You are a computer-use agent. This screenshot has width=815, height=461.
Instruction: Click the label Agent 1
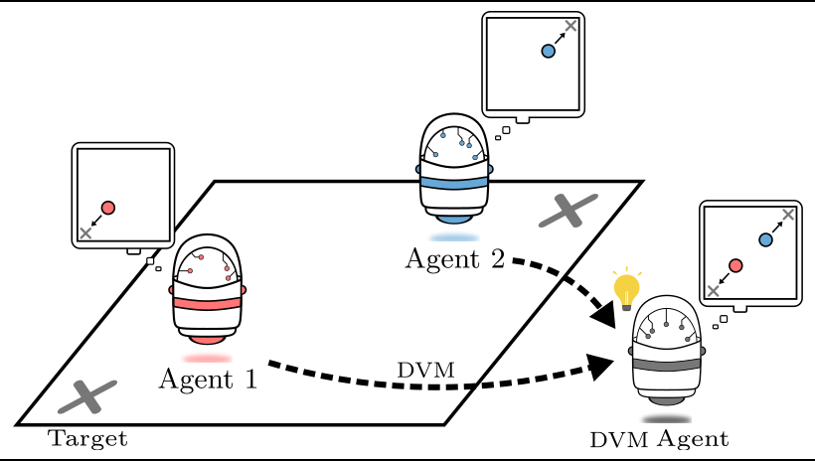(208, 379)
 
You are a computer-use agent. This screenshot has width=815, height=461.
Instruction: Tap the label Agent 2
(454, 258)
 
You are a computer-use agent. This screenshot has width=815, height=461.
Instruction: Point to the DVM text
(425, 371)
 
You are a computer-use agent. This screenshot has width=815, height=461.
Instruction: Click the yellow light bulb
(626, 289)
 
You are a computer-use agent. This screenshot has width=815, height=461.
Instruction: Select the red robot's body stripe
(209, 303)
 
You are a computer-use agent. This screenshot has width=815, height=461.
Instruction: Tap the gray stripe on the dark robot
(667, 365)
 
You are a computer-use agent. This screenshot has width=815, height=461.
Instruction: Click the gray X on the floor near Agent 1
(87, 396)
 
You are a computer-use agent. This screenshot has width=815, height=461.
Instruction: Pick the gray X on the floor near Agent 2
(568, 211)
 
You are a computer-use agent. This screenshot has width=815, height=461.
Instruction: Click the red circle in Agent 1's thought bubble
(108, 208)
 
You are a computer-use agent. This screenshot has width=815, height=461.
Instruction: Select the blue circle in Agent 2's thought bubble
(548, 51)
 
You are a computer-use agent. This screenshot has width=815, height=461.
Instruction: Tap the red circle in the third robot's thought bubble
(735, 265)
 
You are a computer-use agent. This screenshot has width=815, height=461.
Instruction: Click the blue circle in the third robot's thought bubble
(765, 239)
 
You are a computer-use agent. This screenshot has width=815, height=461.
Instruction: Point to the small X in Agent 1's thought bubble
(85, 232)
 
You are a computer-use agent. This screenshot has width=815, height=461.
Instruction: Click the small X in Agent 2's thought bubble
(570, 26)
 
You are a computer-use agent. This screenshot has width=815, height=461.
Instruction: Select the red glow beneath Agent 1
(208, 358)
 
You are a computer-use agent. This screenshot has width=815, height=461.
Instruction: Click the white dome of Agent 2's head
(454, 145)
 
